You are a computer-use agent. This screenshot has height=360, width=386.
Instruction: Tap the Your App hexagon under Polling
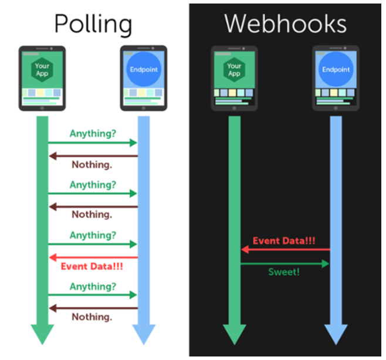click(42, 70)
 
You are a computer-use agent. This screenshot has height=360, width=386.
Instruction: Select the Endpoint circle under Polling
click(144, 70)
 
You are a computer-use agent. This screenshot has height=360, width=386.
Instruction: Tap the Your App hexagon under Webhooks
click(234, 70)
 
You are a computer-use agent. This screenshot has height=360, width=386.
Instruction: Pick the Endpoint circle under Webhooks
click(336, 70)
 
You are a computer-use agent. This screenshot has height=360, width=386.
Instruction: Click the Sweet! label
click(284, 272)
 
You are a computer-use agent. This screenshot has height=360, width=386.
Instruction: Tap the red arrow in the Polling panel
click(93, 257)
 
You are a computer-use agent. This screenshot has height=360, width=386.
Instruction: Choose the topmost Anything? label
click(93, 134)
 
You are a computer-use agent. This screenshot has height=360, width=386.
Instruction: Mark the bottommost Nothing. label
click(92, 317)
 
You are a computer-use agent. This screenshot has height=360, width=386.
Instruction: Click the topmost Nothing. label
click(92, 165)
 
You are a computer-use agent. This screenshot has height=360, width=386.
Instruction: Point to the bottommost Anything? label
click(93, 287)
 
